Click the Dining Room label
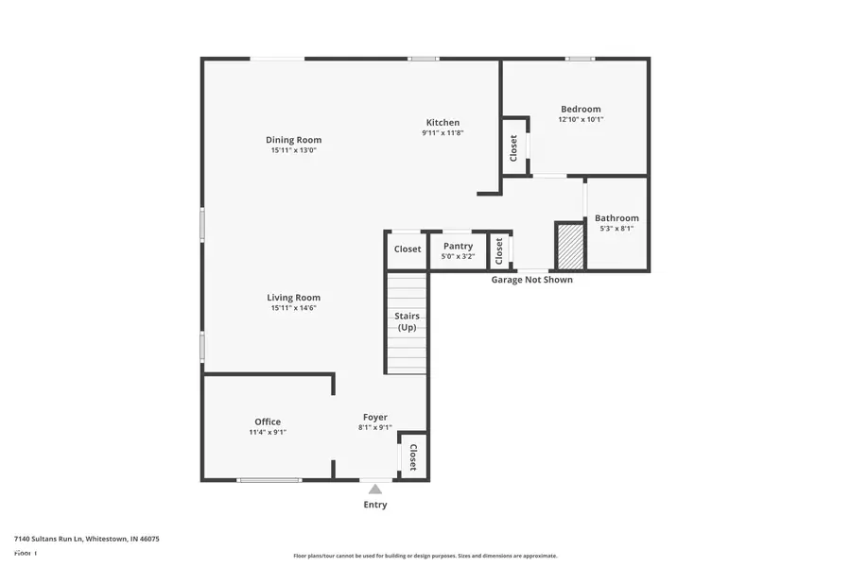click(293, 140)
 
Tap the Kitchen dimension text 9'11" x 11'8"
click(443, 133)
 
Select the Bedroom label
click(580, 109)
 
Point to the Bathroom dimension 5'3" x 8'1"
click(617, 228)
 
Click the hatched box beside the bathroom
click(570, 246)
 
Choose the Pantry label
click(458, 246)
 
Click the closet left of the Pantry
click(408, 249)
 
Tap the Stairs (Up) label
click(407, 321)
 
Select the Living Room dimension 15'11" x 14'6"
click(293, 307)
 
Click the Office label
click(268, 421)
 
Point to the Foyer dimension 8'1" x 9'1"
click(374, 427)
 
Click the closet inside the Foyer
click(413, 456)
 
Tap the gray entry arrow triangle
click(375, 489)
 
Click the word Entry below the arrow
click(375, 505)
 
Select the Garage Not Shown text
click(531, 280)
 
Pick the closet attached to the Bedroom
click(514, 146)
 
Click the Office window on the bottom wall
click(269, 480)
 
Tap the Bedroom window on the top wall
click(580, 59)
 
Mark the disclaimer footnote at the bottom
click(425, 556)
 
